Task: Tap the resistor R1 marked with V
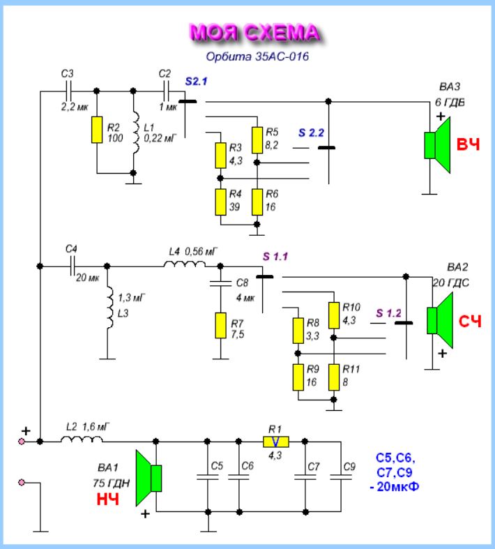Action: tap(275, 442)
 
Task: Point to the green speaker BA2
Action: tap(441, 319)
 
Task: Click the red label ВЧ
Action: tap(468, 145)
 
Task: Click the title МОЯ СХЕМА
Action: tap(254, 33)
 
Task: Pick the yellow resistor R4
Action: tap(220, 202)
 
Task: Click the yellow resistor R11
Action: tap(334, 377)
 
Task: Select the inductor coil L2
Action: tap(81, 440)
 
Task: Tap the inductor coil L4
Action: tap(185, 264)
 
